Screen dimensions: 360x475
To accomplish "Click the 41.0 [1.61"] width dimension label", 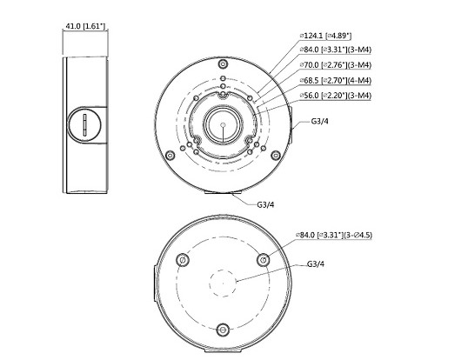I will pyautogui.click(x=85, y=27).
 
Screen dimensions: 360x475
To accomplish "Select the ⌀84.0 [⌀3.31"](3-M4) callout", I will pyautogui.click(x=335, y=50).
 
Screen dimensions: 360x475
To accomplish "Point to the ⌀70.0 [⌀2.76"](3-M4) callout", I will pyautogui.click(x=335, y=64).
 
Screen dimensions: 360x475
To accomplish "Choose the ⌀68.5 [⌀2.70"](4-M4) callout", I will pyautogui.click(x=335, y=79).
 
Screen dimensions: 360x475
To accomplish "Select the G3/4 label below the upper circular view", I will pyautogui.click(x=268, y=205).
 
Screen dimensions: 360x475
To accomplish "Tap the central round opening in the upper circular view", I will pyautogui.click(x=223, y=127).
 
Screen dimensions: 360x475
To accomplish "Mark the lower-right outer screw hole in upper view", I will pyautogui.click(x=276, y=157).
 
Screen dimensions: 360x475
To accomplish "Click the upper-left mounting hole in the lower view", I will pyautogui.click(x=181, y=258).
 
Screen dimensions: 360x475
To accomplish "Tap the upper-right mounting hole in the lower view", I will pyautogui.click(x=264, y=258).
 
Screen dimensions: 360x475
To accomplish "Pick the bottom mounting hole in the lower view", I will pyautogui.click(x=223, y=330).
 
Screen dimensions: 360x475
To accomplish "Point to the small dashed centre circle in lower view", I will pyautogui.click(x=223, y=282).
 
